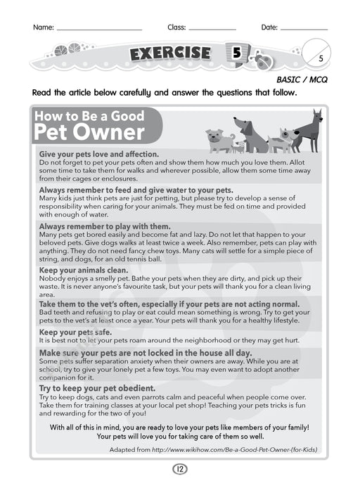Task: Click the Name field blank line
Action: (x=98, y=29)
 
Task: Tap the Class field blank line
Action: (x=212, y=29)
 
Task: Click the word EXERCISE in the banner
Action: (x=169, y=53)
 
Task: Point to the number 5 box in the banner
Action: (x=236, y=53)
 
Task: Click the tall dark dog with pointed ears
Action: (x=308, y=129)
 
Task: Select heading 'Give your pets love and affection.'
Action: (x=99, y=154)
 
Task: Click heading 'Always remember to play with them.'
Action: (x=105, y=226)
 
